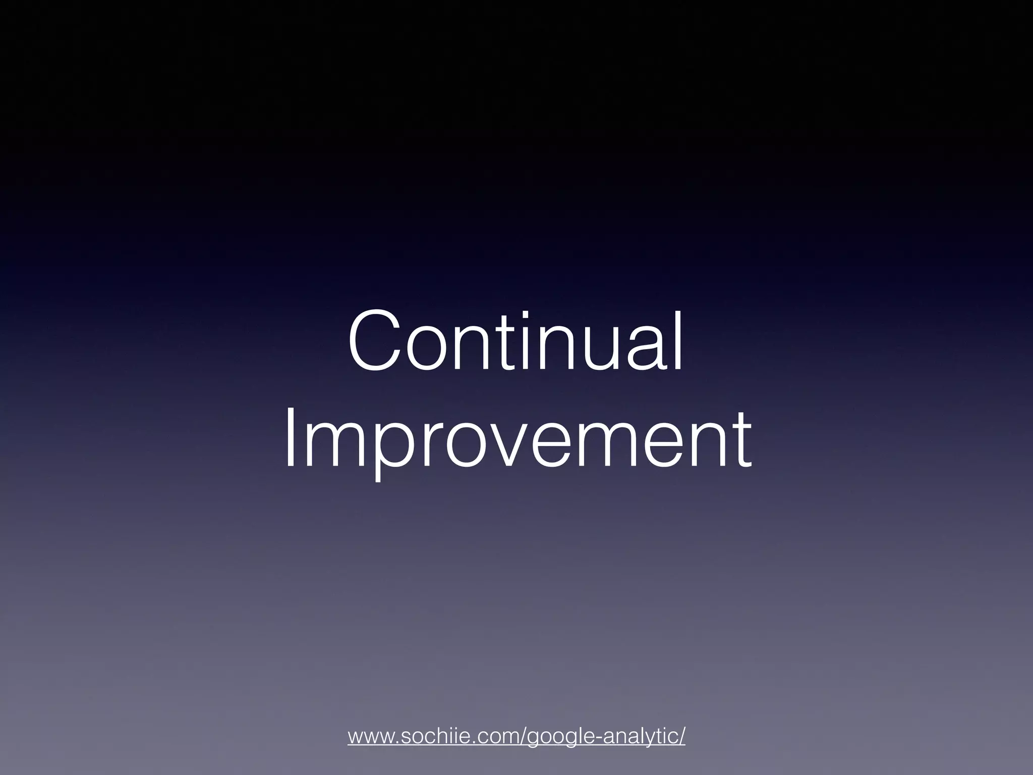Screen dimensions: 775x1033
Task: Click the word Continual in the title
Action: click(515, 342)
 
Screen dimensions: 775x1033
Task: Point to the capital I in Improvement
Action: click(289, 440)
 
